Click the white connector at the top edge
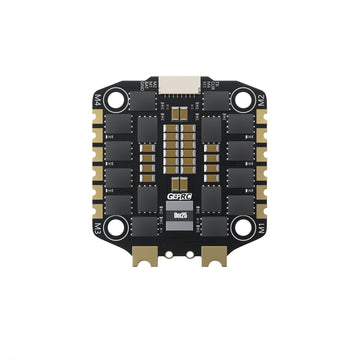click(x=179, y=79)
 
